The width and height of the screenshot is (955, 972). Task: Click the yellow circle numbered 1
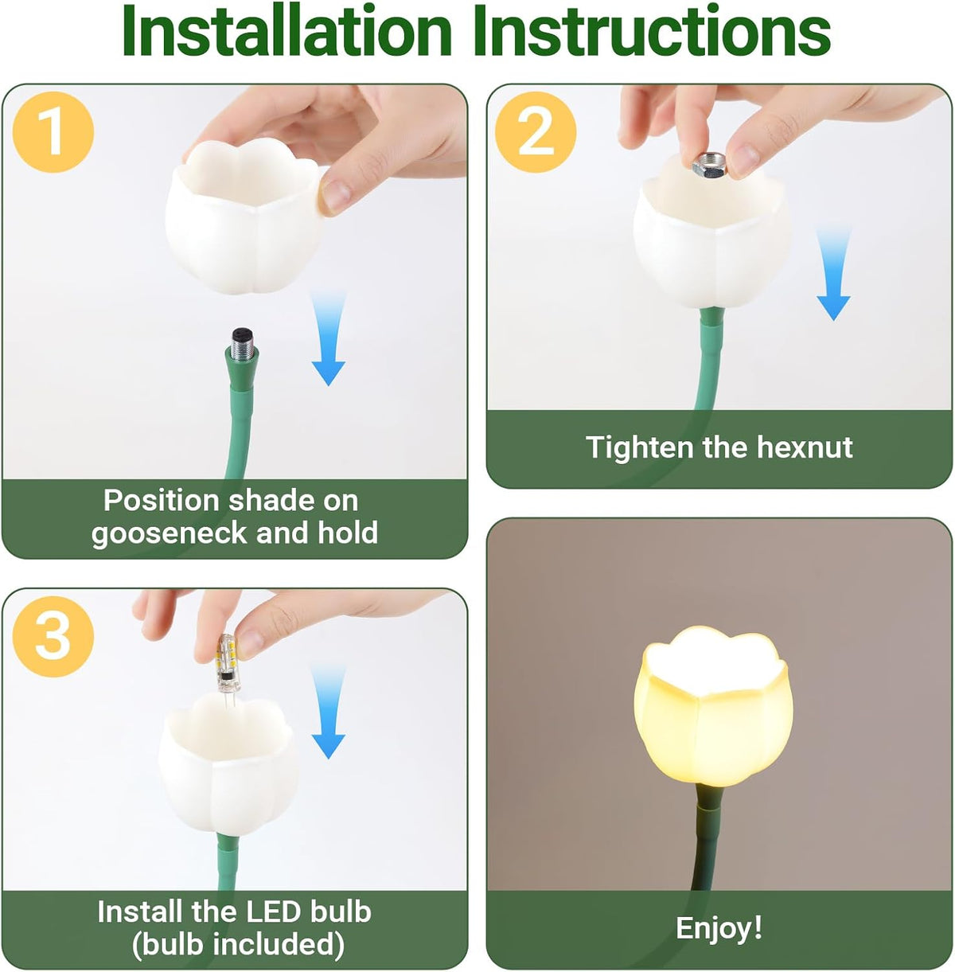53,132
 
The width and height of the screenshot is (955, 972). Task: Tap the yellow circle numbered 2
536,132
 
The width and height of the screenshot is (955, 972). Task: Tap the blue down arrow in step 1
329,338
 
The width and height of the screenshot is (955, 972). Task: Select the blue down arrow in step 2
833,273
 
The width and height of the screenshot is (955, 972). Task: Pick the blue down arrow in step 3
329,711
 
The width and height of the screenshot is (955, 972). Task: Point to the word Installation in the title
286,30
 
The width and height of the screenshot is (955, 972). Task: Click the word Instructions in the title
652,30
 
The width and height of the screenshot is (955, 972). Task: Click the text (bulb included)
238,944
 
